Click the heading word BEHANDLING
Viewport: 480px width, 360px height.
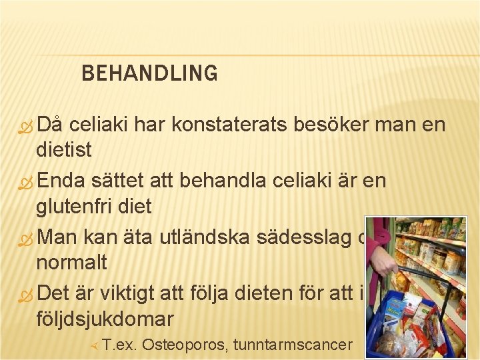[149, 73]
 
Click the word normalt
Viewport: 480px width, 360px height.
[71, 262]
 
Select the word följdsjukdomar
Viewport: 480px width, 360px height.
[104, 318]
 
